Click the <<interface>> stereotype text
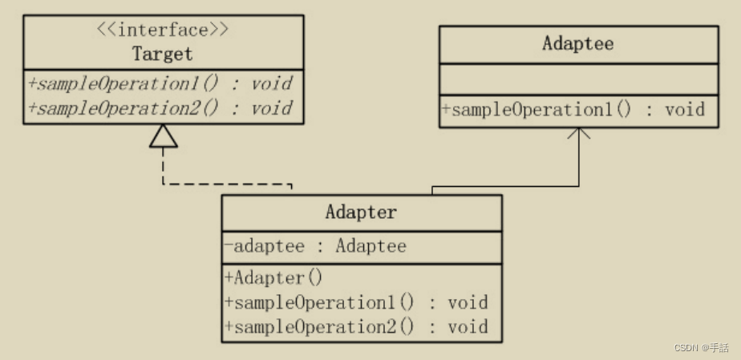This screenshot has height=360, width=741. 163,30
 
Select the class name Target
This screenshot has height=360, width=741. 163,55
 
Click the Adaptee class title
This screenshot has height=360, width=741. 578,43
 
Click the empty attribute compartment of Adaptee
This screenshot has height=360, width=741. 578,79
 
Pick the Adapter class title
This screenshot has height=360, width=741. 361,212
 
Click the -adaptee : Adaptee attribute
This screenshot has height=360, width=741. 315,246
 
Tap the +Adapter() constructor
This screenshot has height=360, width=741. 273,278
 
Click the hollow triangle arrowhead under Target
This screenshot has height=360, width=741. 163,137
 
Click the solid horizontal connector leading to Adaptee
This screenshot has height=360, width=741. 505,187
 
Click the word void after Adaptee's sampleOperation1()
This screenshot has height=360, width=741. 685,110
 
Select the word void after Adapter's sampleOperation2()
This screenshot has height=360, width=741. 468,326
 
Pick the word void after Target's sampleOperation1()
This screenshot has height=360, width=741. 270,83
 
